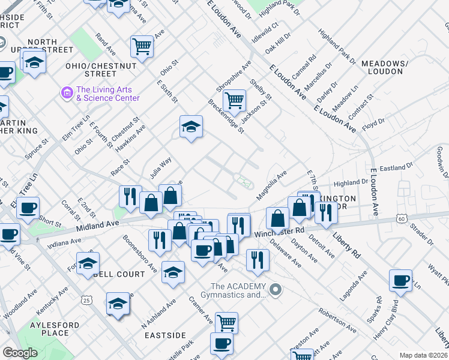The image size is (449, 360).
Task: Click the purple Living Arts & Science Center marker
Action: [x=66, y=93]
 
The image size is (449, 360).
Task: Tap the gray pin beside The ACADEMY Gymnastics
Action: [x=276, y=290]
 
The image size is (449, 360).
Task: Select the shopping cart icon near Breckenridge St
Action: [x=234, y=100]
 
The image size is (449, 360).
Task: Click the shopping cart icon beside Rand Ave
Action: [x=142, y=46]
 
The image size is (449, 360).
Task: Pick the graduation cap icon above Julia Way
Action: [x=191, y=127]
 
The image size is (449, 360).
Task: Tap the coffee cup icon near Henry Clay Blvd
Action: [x=400, y=280]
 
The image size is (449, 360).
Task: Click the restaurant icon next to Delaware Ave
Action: [x=258, y=259]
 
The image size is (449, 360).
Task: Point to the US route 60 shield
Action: [x=401, y=220]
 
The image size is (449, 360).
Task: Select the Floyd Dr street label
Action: [x=373, y=125]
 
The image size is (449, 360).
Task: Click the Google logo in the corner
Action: [x=20, y=353]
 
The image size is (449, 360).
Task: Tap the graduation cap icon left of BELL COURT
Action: [x=88, y=263]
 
